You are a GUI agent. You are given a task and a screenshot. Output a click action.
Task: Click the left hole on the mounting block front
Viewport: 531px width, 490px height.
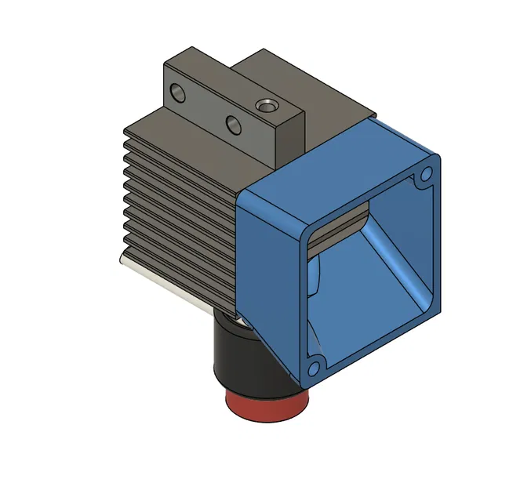[180, 93]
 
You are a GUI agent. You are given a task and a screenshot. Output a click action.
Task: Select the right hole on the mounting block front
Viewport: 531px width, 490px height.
[233, 123]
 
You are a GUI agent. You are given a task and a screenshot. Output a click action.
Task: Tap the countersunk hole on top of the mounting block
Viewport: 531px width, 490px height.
[267, 104]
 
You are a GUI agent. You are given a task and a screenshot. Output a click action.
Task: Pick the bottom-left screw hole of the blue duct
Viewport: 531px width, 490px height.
[314, 366]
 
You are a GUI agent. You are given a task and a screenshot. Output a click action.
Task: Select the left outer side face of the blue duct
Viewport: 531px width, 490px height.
[267, 259]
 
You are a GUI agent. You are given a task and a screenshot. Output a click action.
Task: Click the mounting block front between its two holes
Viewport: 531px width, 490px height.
[206, 107]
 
